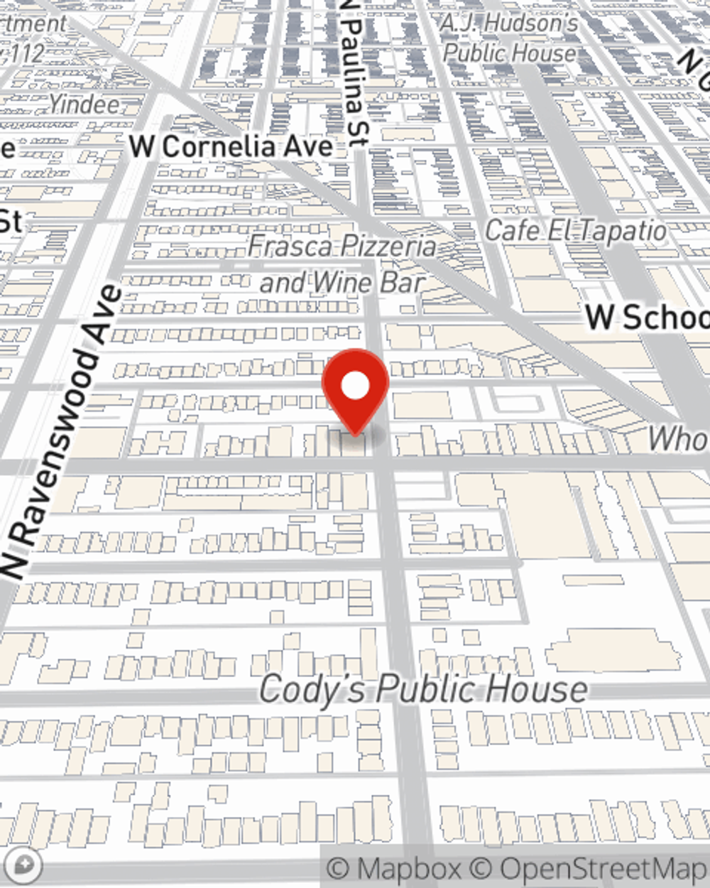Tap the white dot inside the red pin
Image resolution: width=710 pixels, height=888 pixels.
355,386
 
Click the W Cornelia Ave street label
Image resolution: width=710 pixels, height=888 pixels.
231,147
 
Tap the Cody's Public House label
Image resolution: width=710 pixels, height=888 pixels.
423,689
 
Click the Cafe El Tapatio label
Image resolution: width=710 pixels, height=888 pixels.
576,231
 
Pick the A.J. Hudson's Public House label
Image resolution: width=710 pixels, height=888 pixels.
510,38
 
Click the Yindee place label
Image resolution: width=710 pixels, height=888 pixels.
84,104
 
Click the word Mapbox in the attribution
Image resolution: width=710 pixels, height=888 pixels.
409,869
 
